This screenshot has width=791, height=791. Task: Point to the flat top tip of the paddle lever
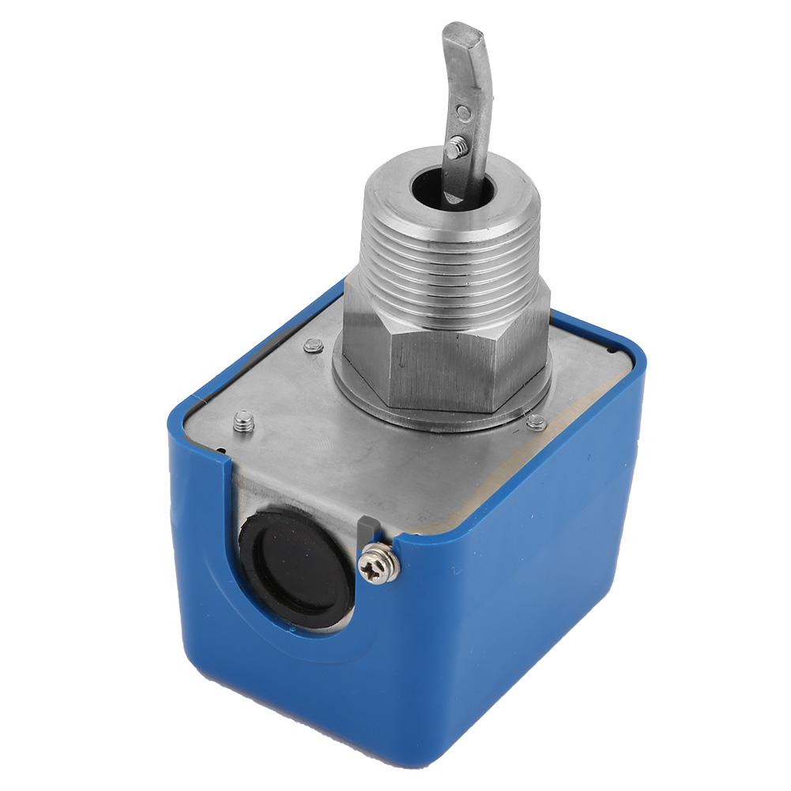[x=462, y=36]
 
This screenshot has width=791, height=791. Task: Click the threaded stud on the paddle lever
[x=456, y=145]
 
